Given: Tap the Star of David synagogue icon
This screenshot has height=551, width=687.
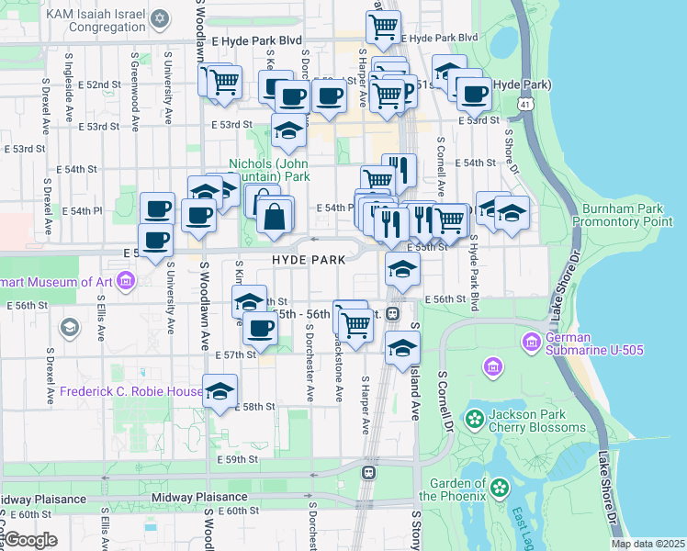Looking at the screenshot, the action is click(x=161, y=18).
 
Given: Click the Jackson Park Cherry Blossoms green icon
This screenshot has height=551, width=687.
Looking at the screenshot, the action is click(x=475, y=420).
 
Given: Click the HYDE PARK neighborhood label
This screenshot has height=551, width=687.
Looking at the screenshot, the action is click(x=309, y=260).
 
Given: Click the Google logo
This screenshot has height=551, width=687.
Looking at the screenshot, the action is click(x=30, y=540).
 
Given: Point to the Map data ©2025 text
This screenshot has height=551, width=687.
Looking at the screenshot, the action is click(x=648, y=544).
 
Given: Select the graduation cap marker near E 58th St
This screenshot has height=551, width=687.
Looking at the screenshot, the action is click(x=220, y=391).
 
